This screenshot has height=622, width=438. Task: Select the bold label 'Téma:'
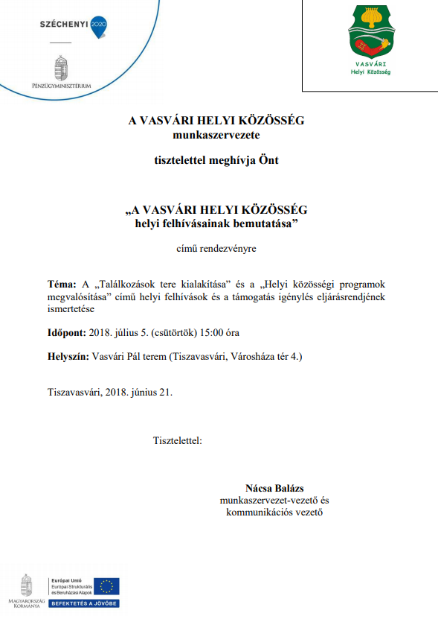coord(61,285)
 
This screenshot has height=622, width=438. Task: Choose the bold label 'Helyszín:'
coord(68,357)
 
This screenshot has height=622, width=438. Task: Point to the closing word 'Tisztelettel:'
coord(178,440)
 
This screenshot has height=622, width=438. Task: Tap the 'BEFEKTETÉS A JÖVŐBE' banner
coord(84,603)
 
